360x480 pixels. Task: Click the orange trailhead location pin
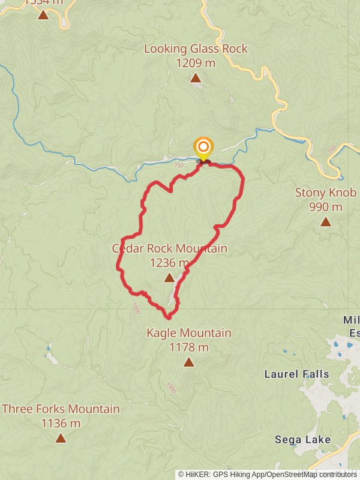(x=203, y=147)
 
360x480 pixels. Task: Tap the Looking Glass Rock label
(x=196, y=49)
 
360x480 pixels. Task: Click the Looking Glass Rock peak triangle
(x=196, y=78)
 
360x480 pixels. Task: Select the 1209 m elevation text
(x=196, y=62)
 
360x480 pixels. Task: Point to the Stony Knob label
(x=326, y=193)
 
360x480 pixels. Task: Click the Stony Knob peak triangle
(x=326, y=222)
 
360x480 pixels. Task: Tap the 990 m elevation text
(x=326, y=207)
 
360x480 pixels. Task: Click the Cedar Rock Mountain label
(x=169, y=248)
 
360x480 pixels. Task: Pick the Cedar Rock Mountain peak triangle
(x=169, y=277)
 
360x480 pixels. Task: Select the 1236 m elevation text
(x=169, y=262)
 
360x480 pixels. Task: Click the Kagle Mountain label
(x=189, y=333)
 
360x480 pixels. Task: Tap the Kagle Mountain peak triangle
(x=189, y=362)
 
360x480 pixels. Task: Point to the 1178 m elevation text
(x=189, y=347)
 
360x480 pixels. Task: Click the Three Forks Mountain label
(x=61, y=409)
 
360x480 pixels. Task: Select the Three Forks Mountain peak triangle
(x=61, y=438)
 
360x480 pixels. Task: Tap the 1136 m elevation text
(x=61, y=423)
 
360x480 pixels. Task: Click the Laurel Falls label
(x=297, y=374)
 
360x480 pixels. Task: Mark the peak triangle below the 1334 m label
(x=43, y=14)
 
